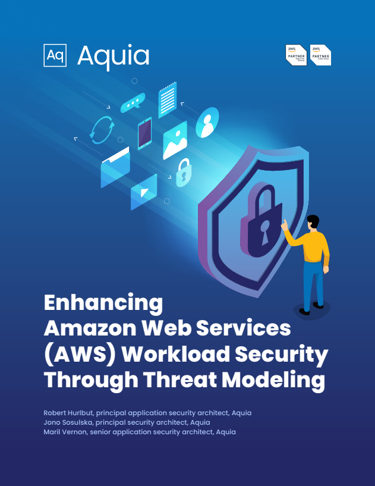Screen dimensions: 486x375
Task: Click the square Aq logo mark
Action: [55, 55]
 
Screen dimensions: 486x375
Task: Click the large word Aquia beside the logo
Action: [113, 55]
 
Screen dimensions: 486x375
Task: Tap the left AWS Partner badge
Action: [297, 55]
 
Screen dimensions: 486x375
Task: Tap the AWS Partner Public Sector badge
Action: [321, 55]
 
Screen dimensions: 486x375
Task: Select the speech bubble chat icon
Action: [133, 104]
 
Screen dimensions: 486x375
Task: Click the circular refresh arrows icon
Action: [102, 130]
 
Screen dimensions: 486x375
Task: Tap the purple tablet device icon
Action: [144, 133]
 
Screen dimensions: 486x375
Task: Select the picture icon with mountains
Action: [175, 140]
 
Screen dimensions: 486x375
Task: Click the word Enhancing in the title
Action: [103, 302]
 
